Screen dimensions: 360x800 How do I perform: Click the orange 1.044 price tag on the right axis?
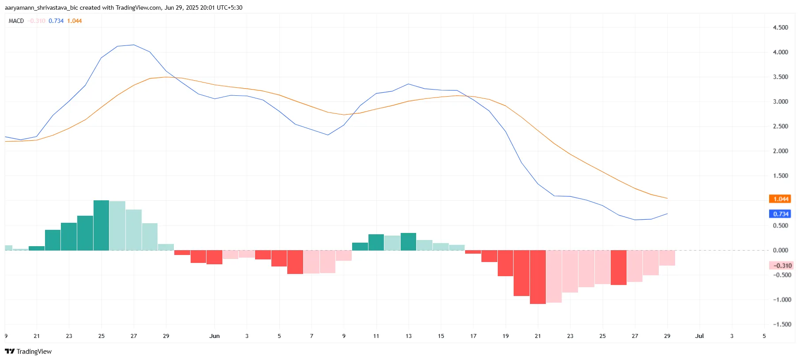click(780, 199)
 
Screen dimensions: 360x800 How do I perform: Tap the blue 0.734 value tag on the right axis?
click(780, 214)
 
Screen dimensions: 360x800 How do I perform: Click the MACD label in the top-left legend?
click(16, 21)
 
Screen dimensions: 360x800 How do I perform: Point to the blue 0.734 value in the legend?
click(56, 21)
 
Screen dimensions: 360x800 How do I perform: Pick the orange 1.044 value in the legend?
click(75, 21)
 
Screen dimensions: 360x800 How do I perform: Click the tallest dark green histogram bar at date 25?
click(101, 225)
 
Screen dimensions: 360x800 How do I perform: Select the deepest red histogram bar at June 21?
click(537, 277)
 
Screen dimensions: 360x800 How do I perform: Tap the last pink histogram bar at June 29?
click(667, 258)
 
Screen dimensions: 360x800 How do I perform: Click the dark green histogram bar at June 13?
click(408, 242)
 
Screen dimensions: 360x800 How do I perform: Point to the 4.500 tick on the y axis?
click(780, 27)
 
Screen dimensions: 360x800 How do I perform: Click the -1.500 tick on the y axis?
click(782, 324)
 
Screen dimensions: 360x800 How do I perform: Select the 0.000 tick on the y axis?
click(780, 250)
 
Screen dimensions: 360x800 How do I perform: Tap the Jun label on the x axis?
click(214, 336)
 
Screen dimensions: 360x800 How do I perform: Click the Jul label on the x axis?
click(699, 336)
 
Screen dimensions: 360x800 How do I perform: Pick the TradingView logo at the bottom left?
click(28, 351)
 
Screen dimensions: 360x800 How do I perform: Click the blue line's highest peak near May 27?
click(133, 45)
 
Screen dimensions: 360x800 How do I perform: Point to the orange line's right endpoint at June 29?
click(667, 198)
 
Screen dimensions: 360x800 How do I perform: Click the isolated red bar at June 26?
click(618, 267)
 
